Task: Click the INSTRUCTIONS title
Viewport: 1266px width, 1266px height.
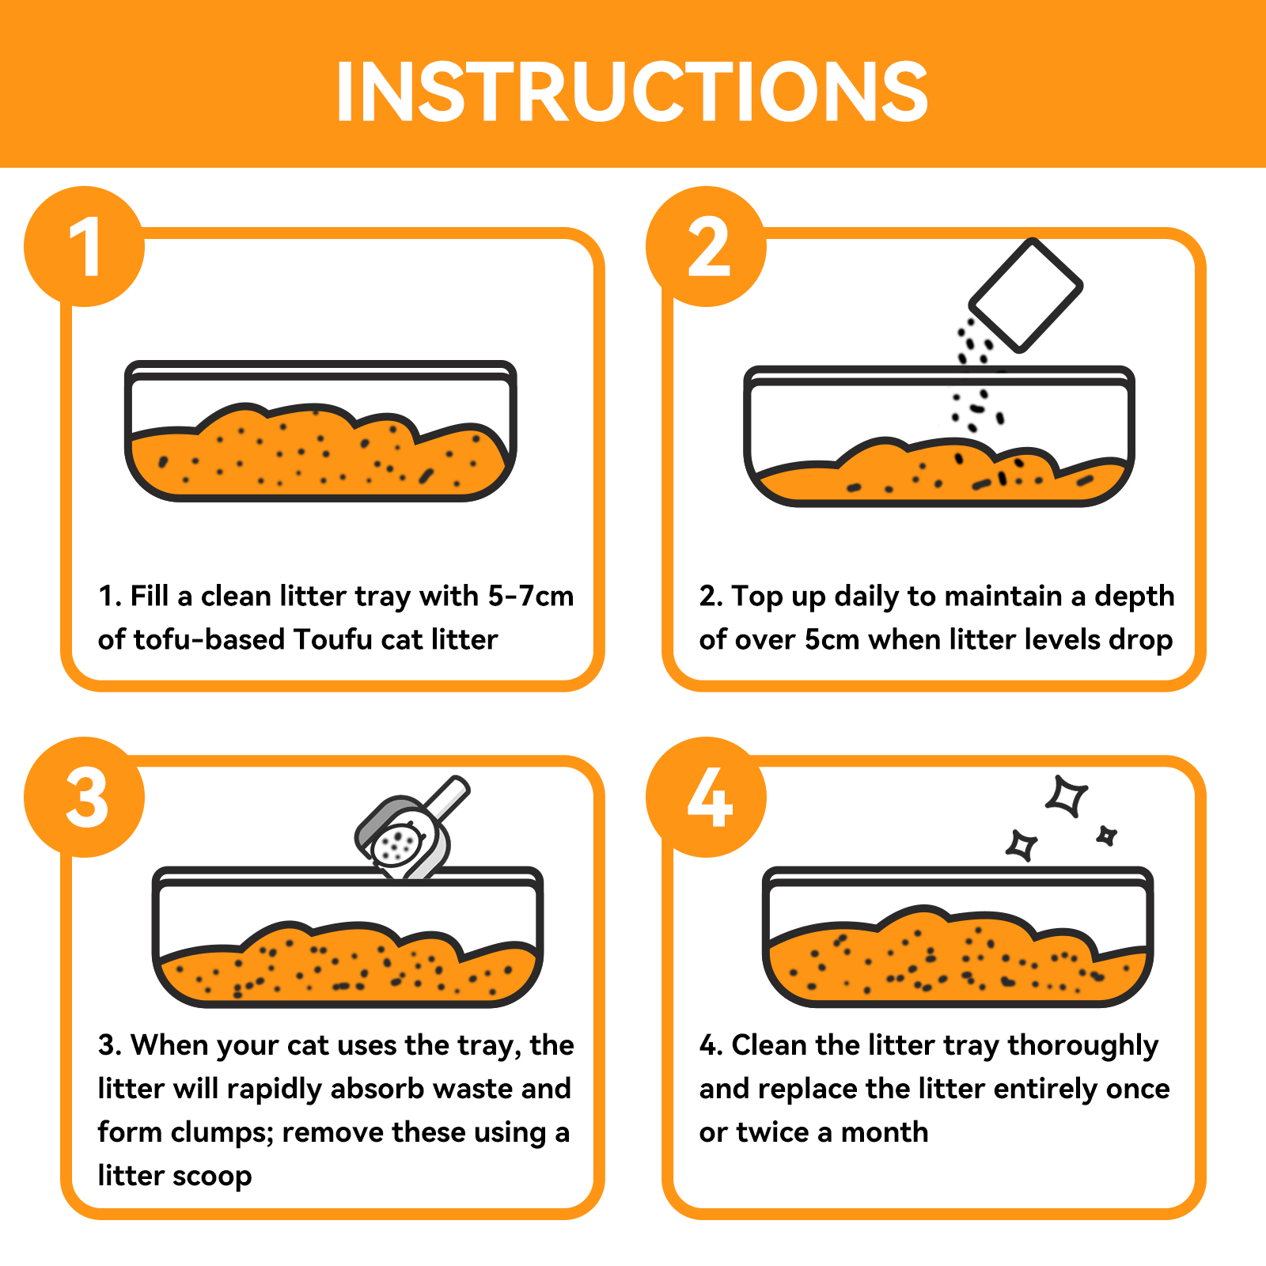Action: [x=631, y=92]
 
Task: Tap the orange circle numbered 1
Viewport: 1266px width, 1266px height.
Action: [x=85, y=246]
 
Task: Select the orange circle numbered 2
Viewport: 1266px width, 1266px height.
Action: [x=707, y=246]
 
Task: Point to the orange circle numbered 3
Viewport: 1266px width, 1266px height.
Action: [x=85, y=797]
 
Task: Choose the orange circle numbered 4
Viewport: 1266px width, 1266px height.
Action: [x=707, y=797]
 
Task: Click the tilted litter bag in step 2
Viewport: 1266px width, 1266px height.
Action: [x=1026, y=295]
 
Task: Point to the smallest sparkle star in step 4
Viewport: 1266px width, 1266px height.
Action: [x=1106, y=836]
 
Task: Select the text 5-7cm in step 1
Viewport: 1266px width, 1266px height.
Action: [x=530, y=596]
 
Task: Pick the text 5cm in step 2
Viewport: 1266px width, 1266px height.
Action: [x=832, y=639]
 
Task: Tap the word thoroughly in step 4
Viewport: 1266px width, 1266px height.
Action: [x=1083, y=1047]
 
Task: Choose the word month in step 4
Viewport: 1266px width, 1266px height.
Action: [x=884, y=1132]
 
